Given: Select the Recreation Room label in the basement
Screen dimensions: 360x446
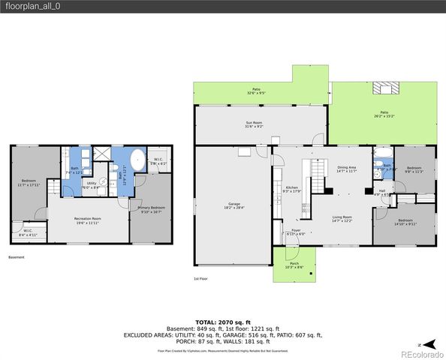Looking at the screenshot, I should point(87,220).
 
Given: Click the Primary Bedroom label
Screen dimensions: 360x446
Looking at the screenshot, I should point(151,209).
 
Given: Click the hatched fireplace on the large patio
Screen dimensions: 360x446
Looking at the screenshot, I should point(386,88).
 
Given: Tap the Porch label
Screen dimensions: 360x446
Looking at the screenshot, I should point(289,265).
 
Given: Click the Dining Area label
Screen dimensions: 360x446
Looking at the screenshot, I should point(346,170).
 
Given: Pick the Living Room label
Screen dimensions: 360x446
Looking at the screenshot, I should point(342,219).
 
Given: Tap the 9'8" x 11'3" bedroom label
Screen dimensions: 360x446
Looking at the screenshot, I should point(414,169).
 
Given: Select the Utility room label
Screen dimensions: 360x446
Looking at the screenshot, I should point(91,184).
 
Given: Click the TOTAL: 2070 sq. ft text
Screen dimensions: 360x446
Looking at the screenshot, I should point(222,320).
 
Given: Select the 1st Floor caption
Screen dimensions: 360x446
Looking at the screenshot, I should point(200,278).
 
